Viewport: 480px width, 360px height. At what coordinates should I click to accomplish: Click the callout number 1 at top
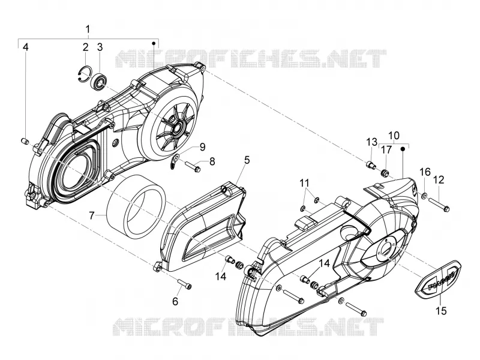[88, 29]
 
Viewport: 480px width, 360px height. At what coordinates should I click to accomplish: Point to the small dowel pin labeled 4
[25, 141]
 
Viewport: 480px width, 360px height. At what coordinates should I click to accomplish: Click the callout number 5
[247, 160]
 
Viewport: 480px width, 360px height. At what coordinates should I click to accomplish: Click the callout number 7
[92, 215]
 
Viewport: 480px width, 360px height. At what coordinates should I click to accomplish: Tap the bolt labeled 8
[193, 167]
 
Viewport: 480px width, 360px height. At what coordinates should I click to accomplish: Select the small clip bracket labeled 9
[175, 161]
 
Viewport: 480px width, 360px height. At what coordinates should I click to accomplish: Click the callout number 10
[394, 136]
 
